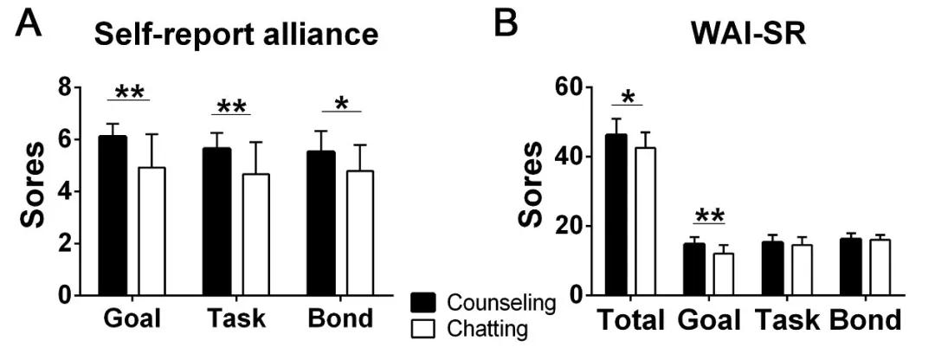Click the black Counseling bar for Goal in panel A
pos(112,216)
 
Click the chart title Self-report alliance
pos(236,35)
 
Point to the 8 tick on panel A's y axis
pos(63,87)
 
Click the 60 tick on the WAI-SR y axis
pos(569,87)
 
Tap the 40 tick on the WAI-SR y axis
pos(569,157)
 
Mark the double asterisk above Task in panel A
pos(231,107)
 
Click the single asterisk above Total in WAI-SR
pos(629,96)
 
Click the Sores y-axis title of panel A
pos(35,192)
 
